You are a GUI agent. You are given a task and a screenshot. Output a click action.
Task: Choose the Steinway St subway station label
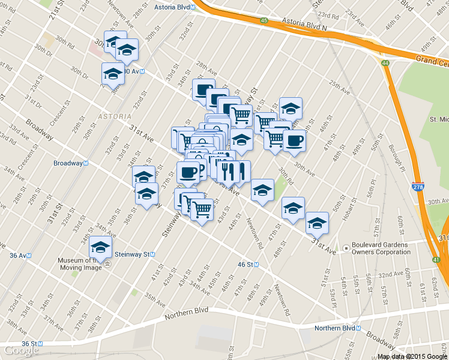pos(135,254)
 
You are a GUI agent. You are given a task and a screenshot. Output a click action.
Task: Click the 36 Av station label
pos(20,255)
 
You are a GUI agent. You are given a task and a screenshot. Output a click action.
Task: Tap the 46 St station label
pos(248,264)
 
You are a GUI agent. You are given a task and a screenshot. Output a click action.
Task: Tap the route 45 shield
pos(264,21)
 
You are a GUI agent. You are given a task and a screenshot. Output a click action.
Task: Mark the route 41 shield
pos(436,259)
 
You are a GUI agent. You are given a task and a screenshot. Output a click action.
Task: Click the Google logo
pos(22,350)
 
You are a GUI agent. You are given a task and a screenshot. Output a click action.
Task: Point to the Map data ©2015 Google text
pos(412,356)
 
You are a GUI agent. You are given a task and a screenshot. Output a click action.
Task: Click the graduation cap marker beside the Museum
pos(100,248)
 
